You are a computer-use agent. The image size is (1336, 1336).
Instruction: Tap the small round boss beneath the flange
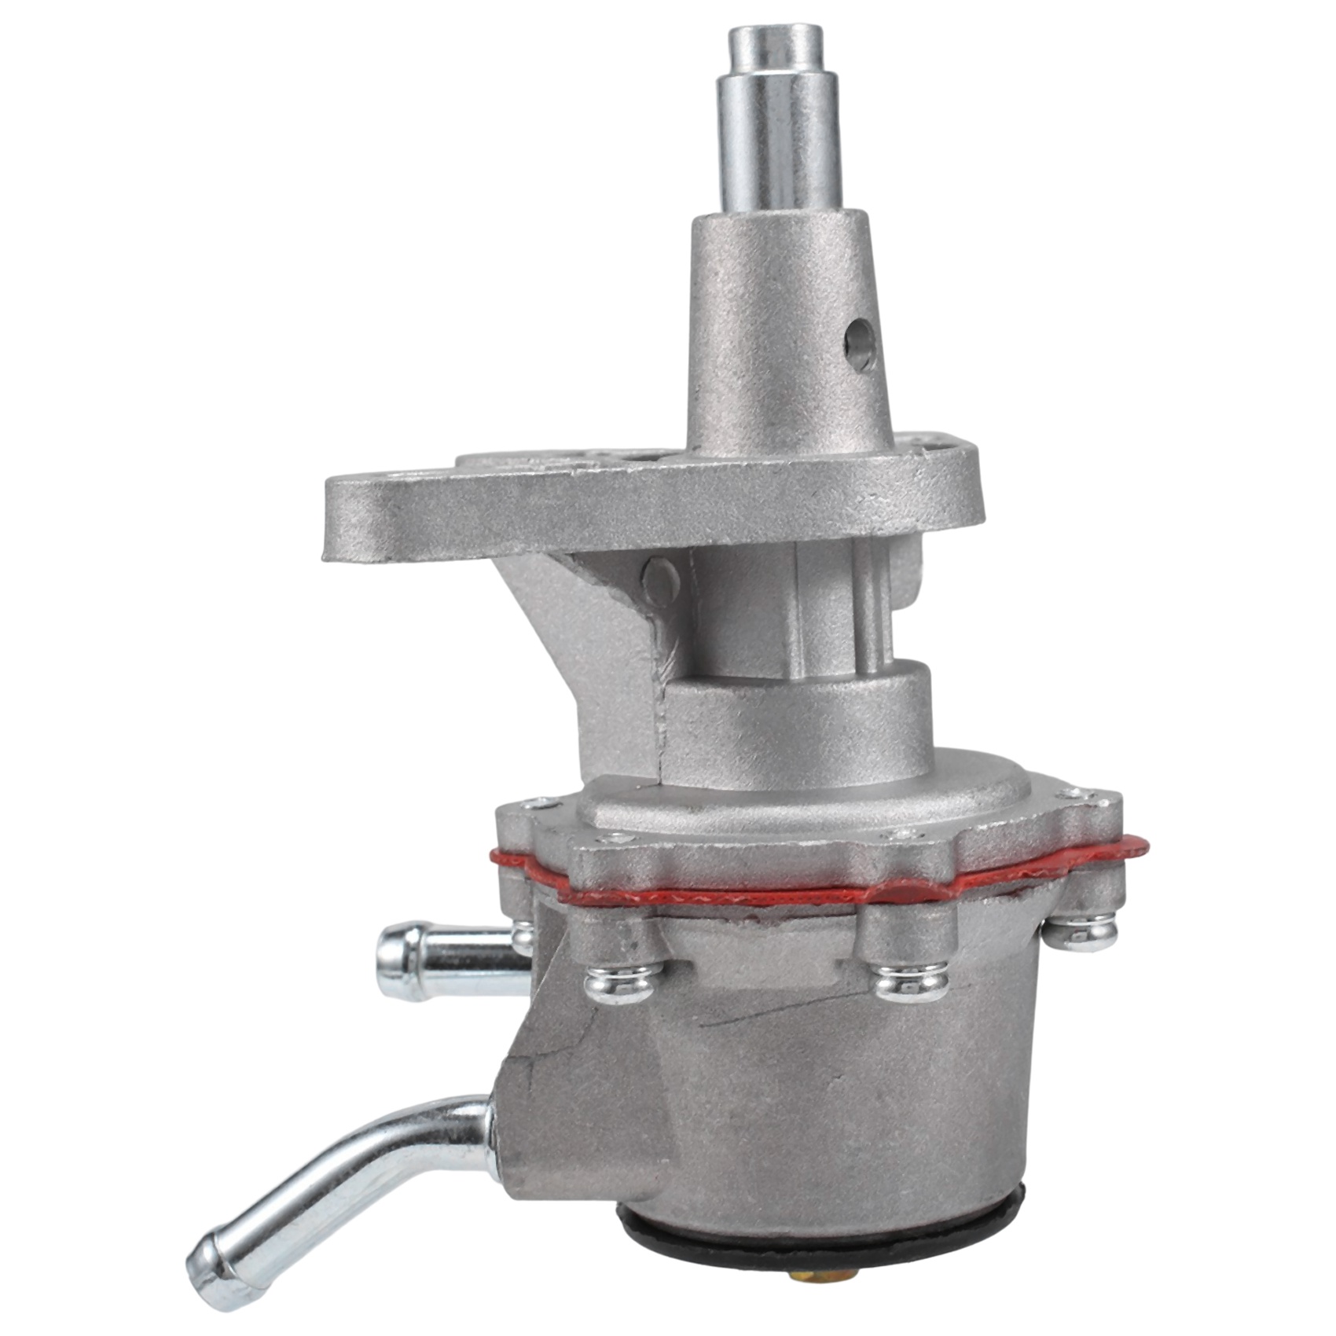point(660,579)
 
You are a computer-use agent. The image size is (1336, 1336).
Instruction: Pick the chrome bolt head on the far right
point(1081,931)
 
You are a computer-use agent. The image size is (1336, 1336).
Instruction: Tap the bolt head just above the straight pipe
point(523,935)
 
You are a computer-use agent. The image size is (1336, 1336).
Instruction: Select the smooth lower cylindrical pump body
point(825,1100)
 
